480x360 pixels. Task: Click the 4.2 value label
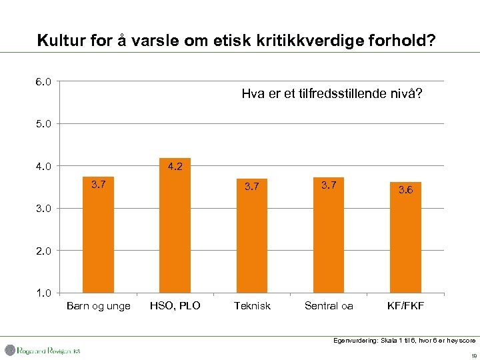pyautogui.click(x=175, y=167)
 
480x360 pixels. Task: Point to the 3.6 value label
pyautogui.click(x=405, y=190)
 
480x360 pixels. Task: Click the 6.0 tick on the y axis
pyautogui.click(x=45, y=81)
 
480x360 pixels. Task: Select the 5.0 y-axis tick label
pyautogui.click(x=45, y=123)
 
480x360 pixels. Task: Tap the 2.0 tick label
pyautogui.click(x=45, y=251)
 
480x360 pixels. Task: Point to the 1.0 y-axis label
pyautogui.click(x=45, y=293)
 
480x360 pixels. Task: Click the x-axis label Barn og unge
pyautogui.click(x=99, y=306)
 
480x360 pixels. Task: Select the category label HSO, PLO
pyautogui.click(x=175, y=306)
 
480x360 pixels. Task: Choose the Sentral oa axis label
pyautogui.click(x=329, y=306)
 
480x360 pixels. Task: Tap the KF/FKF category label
pyautogui.click(x=405, y=306)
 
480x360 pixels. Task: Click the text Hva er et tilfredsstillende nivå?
pyautogui.click(x=331, y=95)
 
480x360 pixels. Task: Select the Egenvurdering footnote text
pyautogui.click(x=404, y=340)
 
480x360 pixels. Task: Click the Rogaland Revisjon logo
pyautogui.click(x=43, y=350)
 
